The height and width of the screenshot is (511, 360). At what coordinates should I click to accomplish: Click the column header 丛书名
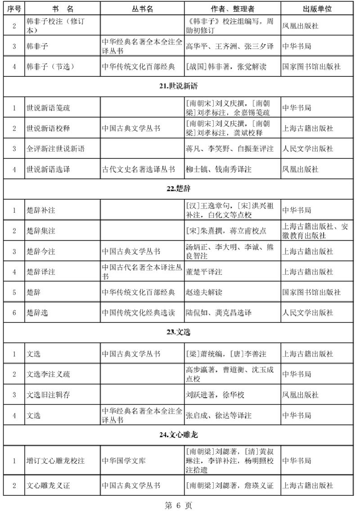142,9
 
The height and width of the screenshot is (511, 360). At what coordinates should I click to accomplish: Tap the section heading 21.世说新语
179,86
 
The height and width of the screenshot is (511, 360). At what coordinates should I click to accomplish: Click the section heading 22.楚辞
179,189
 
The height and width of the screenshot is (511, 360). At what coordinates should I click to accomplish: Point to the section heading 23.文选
179,333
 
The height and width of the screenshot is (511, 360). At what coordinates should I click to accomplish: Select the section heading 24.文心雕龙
179,435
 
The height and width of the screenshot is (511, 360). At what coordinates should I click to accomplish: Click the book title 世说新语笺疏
48,108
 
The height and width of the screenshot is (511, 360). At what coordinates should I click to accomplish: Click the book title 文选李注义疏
48,374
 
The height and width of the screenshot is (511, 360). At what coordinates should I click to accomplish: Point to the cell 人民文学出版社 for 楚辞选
307,313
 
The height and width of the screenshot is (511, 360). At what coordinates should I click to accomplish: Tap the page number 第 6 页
179,505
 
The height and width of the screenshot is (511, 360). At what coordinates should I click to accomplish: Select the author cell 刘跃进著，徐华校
215,394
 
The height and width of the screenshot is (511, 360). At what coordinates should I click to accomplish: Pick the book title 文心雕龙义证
48,486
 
